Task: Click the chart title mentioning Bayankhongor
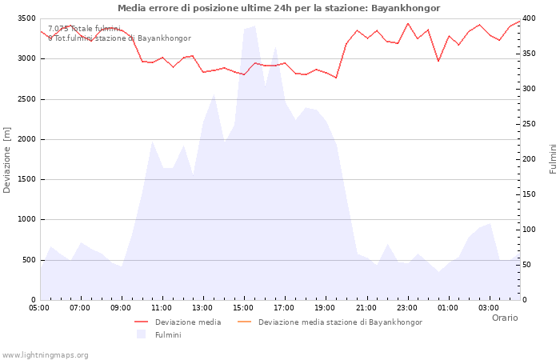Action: [x=278, y=8]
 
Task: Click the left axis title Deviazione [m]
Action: [x=7, y=160]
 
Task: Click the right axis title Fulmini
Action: [x=552, y=158]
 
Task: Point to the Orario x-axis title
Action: [x=504, y=318]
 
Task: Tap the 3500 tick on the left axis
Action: [x=26, y=18]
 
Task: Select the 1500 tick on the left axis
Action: [x=26, y=179]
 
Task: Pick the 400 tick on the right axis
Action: [x=530, y=18]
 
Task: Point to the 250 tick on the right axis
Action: [x=530, y=124]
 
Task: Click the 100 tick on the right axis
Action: [x=530, y=230]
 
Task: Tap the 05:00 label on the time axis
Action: [x=39, y=307]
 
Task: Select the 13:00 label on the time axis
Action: [x=202, y=307]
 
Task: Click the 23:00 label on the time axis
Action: [x=406, y=307]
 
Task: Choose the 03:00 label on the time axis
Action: [x=488, y=307]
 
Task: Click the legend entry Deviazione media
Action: [x=188, y=322]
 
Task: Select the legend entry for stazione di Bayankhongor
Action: [x=340, y=322]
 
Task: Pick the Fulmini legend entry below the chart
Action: [x=168, y=334]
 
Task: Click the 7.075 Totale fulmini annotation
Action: [x=84, y=29]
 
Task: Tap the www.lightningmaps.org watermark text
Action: [x=46, y=354]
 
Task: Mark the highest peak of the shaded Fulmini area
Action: [x=254, y=26]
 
